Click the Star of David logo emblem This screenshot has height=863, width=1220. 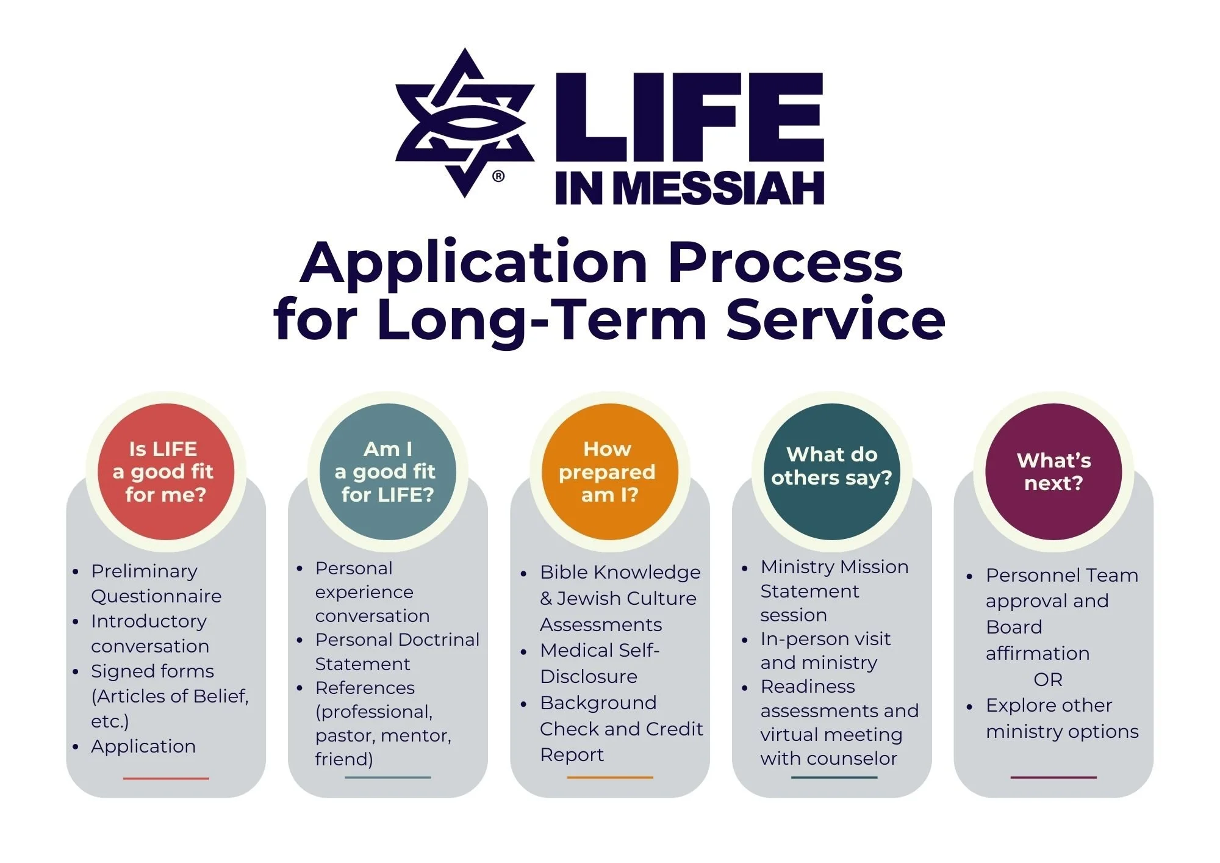pos(465,122)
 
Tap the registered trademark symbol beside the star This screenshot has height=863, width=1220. pos(498,176)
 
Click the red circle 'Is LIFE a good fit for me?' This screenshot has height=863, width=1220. pos(165,472)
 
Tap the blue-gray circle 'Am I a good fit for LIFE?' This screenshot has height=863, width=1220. pos(387,472)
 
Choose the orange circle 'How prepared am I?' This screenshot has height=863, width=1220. pos(609,472)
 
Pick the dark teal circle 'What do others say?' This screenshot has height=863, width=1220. pos(831,472)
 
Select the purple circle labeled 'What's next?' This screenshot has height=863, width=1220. pos(1053,472)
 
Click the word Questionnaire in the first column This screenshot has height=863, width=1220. pos(156,596)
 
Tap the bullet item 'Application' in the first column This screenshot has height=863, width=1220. pos(143,746)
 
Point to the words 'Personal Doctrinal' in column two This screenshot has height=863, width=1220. pos(397,640)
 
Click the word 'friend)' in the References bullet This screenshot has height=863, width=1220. pos(344,759)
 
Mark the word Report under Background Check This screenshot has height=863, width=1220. pos(572,755)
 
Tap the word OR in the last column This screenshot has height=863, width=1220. pos(1048,679)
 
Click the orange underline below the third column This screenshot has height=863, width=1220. pos(609,778)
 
